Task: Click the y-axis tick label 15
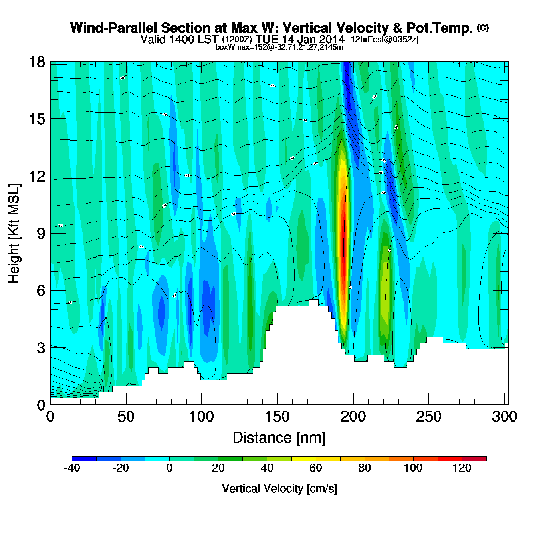click(36, 119)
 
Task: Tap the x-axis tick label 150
click(277, 417)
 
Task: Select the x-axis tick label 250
click(428, 417)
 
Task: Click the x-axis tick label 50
click(126, 417)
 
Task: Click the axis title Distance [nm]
click(279, 438)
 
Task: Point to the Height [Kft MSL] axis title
click(14, 234)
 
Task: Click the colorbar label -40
click(72, 468)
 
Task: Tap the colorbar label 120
click(462, 468)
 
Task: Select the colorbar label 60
click(316, 468)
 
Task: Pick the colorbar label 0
click(170, 468)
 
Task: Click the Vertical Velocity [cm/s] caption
click(279, 488)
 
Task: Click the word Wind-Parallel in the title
click(114, 28)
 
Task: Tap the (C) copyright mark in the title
click(483, 28)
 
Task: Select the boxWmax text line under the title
click(279, 47)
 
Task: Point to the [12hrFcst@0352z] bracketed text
click(383, 40)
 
